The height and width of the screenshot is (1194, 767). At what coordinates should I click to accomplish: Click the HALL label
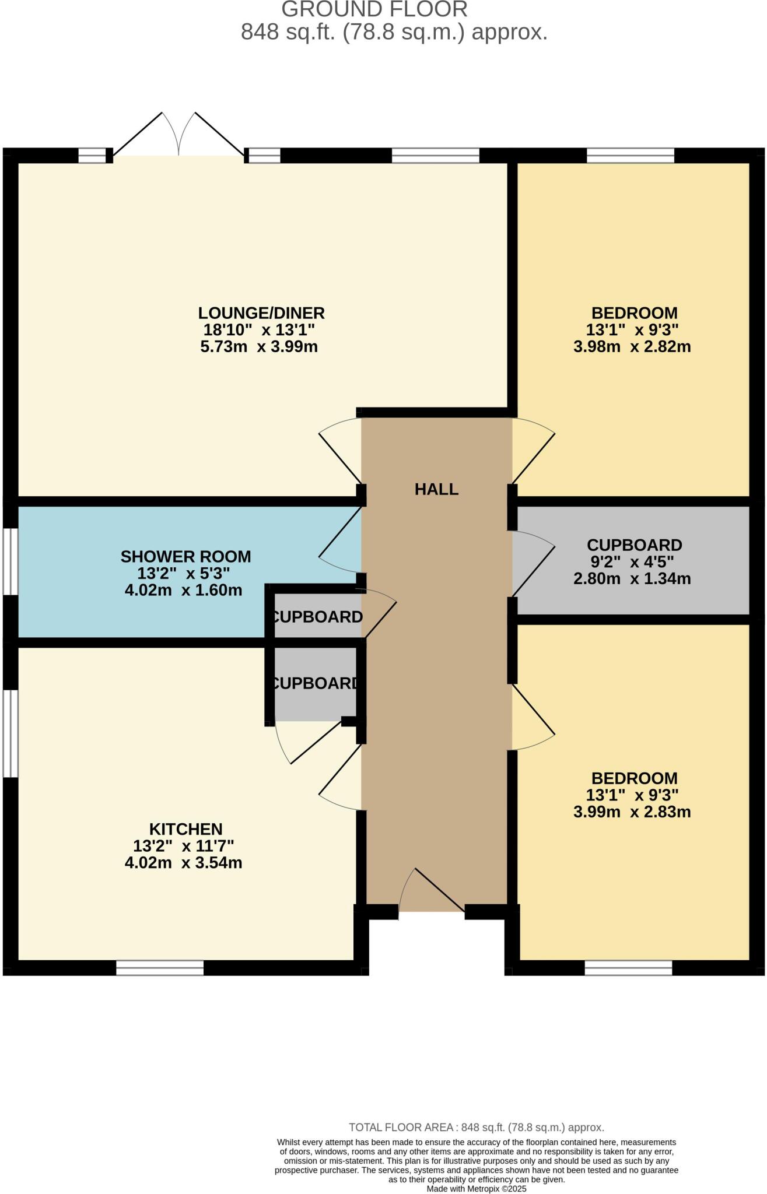point(436,489)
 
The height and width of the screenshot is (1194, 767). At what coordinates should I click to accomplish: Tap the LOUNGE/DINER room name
point(261,313)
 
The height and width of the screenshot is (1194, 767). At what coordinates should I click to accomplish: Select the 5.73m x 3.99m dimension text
point(259,347)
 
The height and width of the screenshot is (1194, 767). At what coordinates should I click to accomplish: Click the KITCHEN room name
point(185,829)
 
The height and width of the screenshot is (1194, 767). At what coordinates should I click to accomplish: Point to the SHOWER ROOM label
point(185,556)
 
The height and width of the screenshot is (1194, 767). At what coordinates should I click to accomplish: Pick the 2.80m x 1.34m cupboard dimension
point(632,579)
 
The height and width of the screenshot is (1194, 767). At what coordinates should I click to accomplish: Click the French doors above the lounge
point(178,134)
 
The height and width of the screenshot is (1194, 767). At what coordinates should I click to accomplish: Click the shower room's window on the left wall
point(10,561)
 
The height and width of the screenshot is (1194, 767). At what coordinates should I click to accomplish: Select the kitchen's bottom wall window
point(160,968)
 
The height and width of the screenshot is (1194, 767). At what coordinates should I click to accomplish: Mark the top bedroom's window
point(630,155)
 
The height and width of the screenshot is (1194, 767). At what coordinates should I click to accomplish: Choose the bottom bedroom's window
point(628,968)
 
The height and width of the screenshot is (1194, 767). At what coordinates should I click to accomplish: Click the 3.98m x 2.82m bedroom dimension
point(632,347)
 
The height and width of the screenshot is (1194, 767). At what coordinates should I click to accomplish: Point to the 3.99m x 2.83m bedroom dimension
point(632,812)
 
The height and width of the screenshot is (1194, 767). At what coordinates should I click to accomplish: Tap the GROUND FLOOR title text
point(374,9)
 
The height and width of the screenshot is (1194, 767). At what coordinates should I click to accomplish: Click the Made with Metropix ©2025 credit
point(477,1189)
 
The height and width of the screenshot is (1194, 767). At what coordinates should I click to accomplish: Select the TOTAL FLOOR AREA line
point(477,1128)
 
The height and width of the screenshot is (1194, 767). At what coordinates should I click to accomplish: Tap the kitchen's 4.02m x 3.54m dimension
point(183,863)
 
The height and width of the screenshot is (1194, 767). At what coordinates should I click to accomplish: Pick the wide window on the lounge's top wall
point(435,155)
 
